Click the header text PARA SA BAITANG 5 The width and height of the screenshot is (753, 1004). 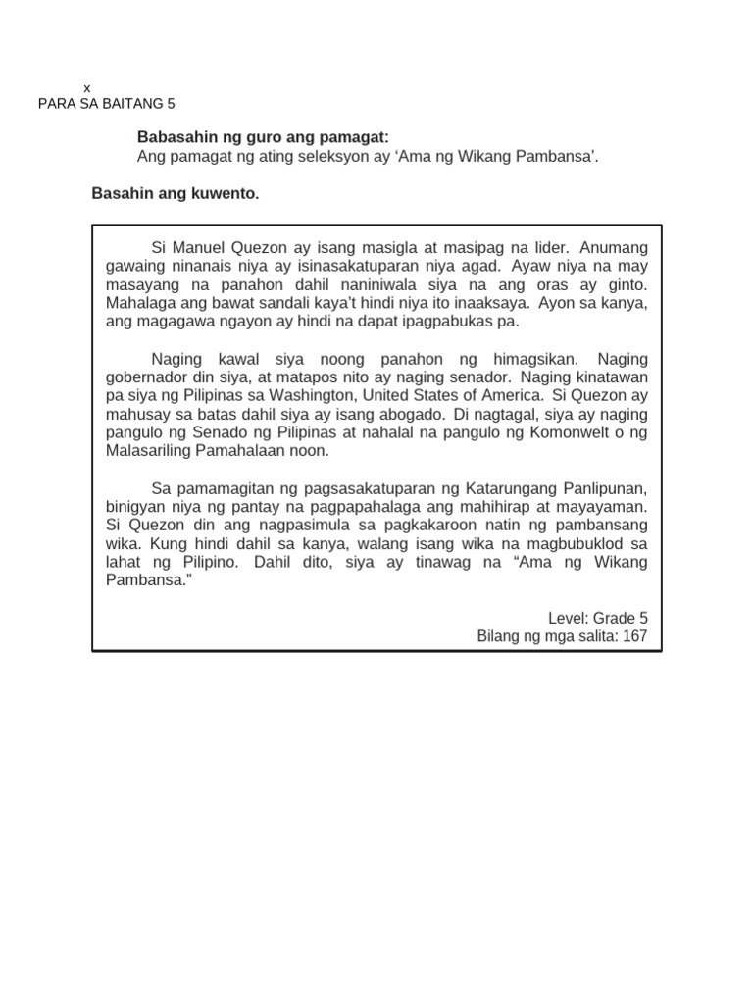(106, 104)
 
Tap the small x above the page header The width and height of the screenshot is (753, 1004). (87, 87)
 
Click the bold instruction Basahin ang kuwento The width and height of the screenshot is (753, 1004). (176, 194)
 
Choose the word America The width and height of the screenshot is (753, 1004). (502, 396)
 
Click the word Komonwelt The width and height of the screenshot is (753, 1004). (570, 432)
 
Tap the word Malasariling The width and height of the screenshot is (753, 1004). (153, 451)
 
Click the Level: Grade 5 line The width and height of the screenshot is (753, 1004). (598, 618)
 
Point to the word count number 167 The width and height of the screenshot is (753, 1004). (634, 636)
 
